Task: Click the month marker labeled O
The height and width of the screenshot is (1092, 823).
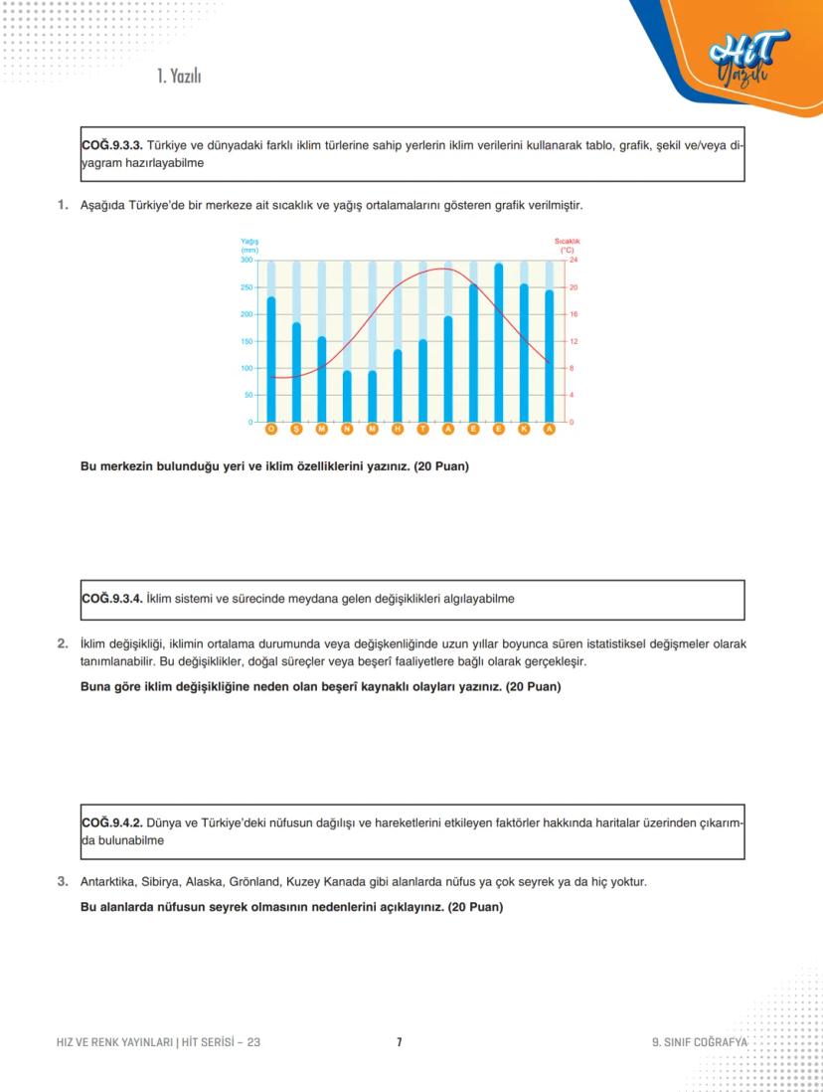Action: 271,429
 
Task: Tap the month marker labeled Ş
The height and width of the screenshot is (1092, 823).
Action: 296,429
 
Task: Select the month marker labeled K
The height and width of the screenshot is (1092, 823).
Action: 524,429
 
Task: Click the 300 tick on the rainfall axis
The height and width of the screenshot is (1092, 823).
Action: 246,261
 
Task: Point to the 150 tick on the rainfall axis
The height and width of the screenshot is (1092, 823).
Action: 246,341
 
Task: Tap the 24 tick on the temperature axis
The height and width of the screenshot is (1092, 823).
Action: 573,261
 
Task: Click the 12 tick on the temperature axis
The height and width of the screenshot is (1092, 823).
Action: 573,341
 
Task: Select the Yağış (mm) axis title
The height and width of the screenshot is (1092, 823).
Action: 248,246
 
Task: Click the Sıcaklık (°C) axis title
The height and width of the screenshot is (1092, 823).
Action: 567,246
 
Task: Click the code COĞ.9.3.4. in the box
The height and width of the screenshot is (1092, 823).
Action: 111,600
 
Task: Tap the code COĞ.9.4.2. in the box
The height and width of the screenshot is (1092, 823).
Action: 111,823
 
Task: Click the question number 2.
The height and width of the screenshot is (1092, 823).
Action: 62,642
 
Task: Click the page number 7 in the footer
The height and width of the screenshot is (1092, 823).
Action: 399,1042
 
